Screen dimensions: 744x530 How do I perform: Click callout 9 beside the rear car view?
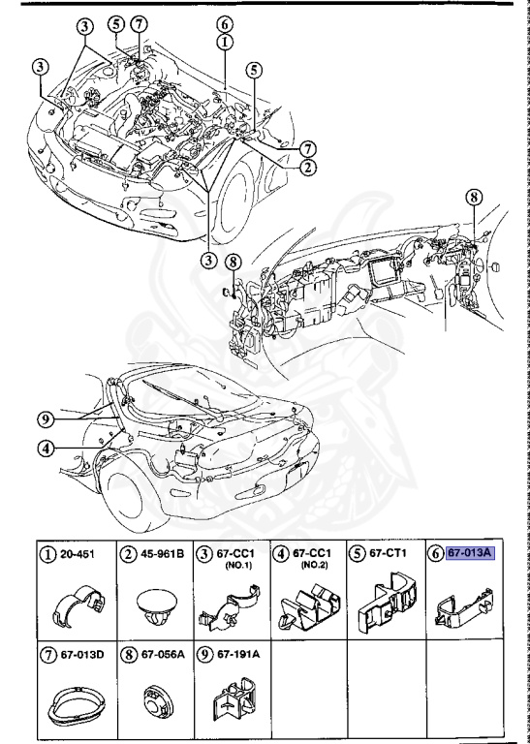45,419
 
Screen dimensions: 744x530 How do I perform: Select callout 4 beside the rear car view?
45,449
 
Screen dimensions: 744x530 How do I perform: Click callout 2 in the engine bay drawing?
306,166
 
